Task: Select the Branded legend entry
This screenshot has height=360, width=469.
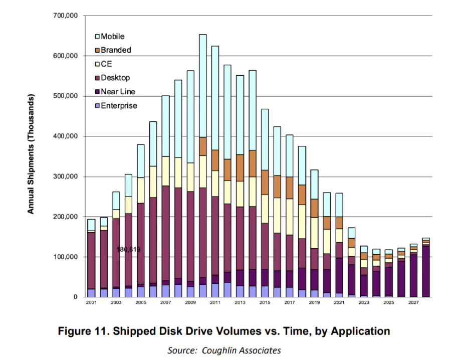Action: [116, 50]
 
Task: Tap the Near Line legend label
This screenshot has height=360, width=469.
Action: [118, 92]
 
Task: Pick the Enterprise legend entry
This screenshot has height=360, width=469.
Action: [119, 106]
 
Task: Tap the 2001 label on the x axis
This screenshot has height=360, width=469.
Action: [91, 303]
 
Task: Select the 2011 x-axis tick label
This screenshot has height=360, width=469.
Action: [215, 303]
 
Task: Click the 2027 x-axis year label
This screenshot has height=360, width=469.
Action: [414, 303]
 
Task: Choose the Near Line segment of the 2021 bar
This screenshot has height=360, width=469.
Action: [339, 275]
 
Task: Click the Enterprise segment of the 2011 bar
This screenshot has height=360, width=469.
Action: [215, 290]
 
